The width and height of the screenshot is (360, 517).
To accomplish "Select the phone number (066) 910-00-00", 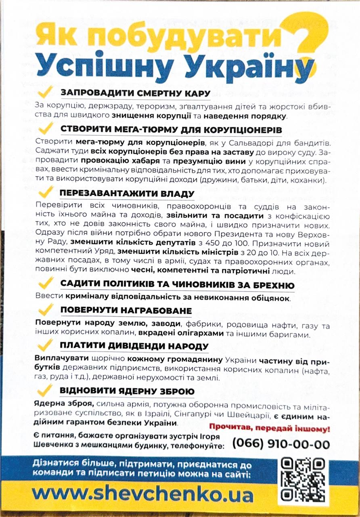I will coord(281,444).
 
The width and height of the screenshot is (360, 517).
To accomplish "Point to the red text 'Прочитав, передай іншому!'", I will coord(270,427).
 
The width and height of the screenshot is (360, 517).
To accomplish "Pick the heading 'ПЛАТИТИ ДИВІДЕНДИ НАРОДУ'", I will coord(134,347).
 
